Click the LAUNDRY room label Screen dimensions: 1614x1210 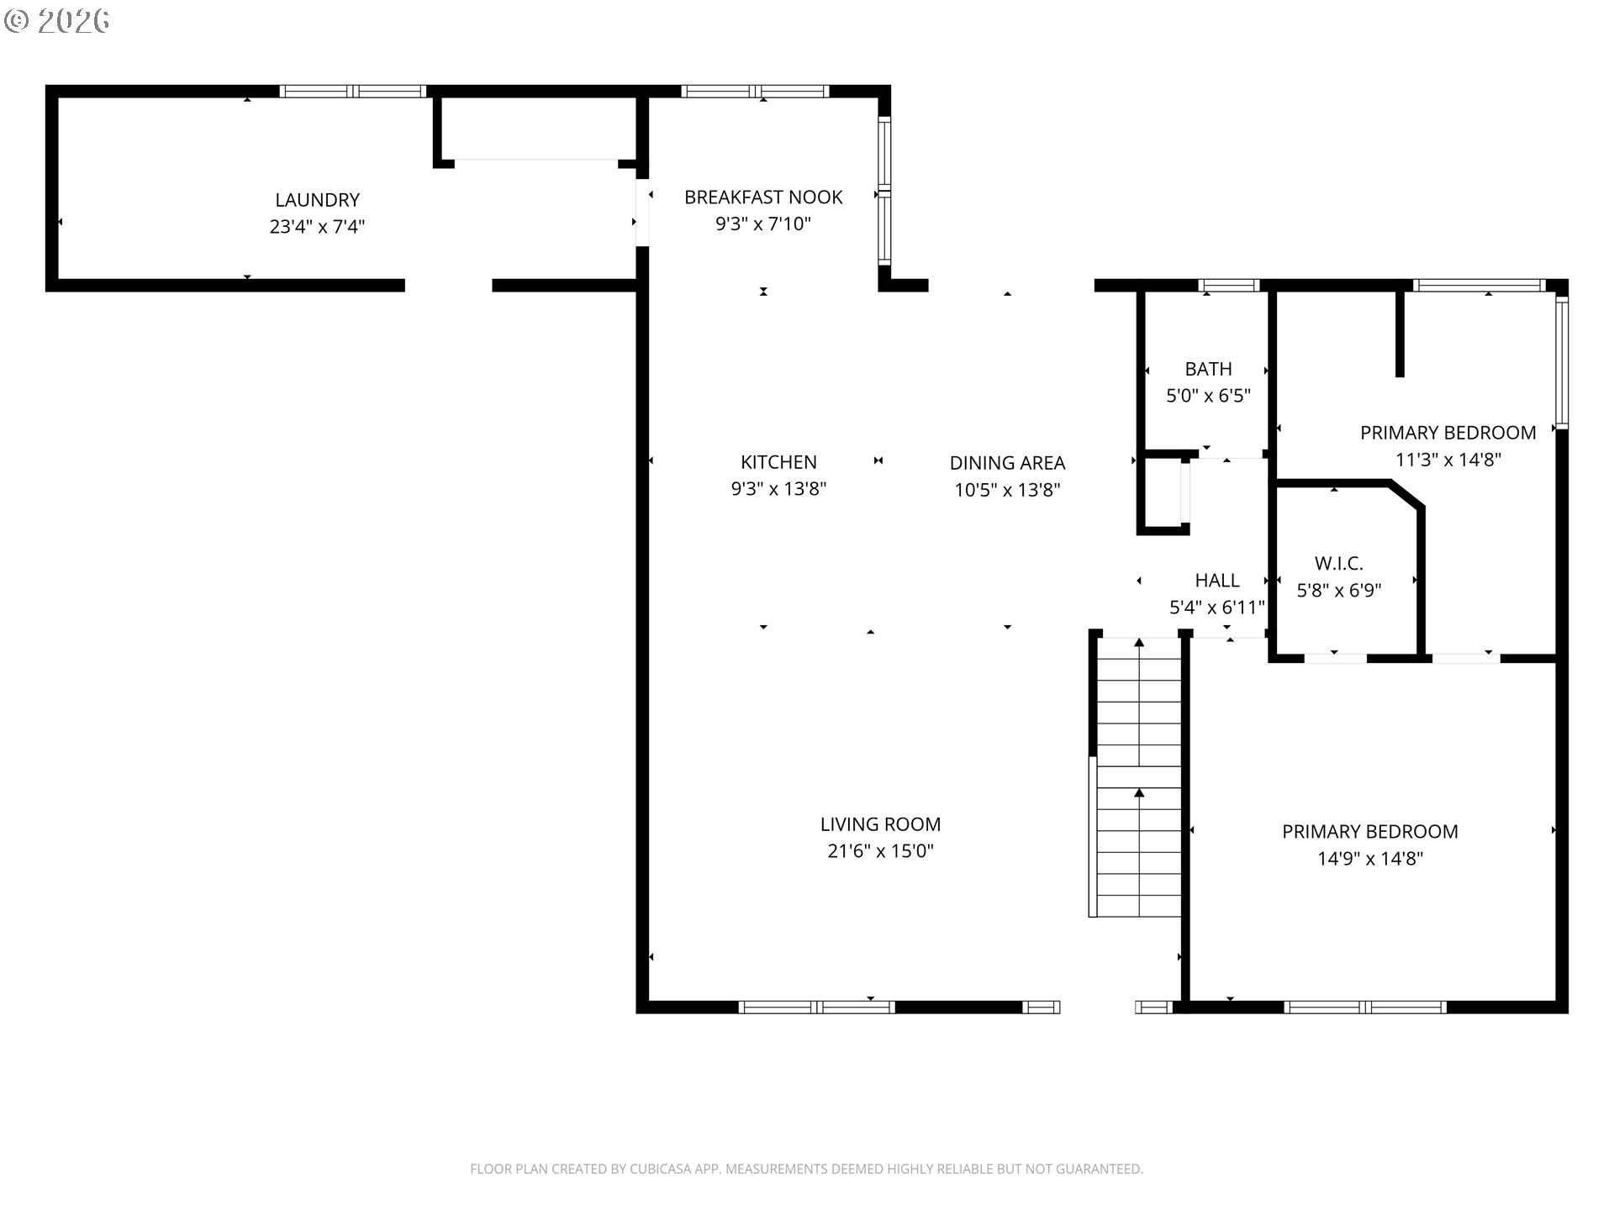coord(317,200)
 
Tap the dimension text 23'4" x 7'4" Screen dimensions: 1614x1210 coord(317,227)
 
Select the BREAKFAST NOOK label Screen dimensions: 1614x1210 coord(763,197)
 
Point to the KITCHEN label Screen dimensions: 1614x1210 coord(778,462)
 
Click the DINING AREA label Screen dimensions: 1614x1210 coord(1007,463)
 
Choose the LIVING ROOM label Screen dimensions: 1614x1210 coord(880,824)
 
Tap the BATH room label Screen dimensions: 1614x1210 coord(1208,369)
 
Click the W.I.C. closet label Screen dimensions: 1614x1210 coord(1338,563)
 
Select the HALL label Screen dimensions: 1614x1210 coord(1217,580)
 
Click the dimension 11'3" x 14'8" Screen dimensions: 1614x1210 coord(1448,460)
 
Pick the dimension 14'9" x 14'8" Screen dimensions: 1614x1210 coord(1370,859)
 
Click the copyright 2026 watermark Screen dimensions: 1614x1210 coord(57,21)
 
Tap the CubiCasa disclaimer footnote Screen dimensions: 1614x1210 coord(806,1169)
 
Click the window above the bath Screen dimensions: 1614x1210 coord(1228,286)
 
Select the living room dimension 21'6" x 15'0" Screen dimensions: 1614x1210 coord(880,851)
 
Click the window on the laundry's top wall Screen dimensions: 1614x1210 coord(353,91)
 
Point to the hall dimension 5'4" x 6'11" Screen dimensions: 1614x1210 coord(1217,607)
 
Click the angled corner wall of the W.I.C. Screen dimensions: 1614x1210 coord(1407,495)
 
